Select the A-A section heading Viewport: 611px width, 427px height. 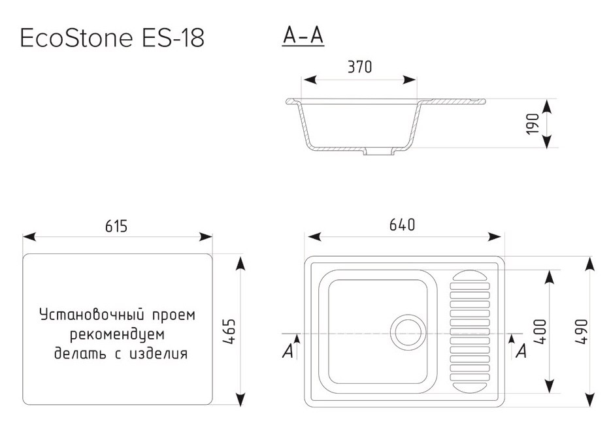[x=303, y=37]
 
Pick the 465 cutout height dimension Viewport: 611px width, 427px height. [x=229, y=332]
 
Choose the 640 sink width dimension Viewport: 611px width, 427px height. [x=402, y=225]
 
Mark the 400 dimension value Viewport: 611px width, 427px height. [x=539, y=332]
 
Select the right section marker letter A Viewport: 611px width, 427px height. [x=521, y=351]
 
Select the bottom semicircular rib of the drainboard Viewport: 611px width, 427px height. [x=469, y=387]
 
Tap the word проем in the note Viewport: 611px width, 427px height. [x=173, y=315]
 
